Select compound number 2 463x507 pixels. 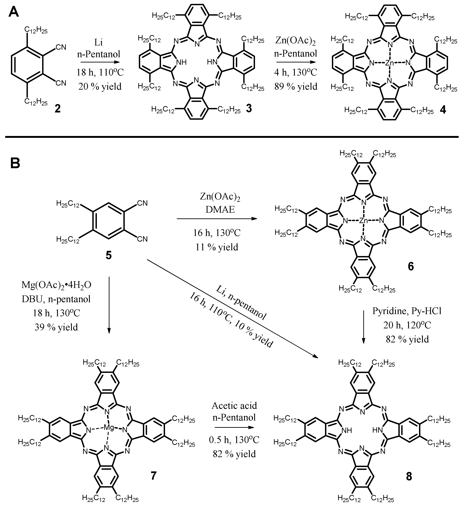point(58,109)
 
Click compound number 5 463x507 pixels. point(108,256)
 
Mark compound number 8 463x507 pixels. point(409,477)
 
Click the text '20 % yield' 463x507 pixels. point(100,86)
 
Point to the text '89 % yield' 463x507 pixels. point(296,86)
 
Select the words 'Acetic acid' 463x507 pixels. point(234,405)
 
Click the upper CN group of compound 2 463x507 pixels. point(61,47)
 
